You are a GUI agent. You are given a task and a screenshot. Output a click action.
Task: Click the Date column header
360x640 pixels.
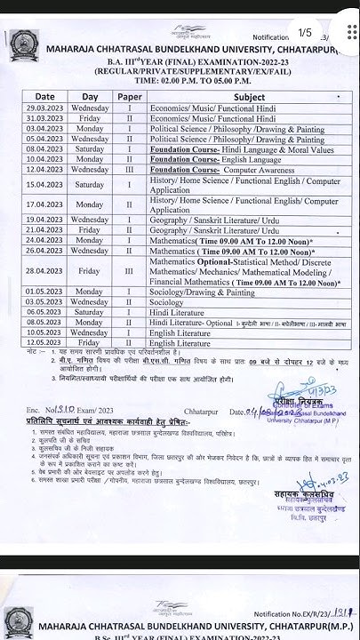tap(44, 96)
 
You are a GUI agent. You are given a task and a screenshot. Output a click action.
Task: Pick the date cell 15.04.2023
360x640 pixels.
tap(44, 184)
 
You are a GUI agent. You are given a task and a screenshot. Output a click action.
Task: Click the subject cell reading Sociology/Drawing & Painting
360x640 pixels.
tap(203, 292)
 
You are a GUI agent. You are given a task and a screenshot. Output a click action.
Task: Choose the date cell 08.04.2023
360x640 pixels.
tap(44, 148)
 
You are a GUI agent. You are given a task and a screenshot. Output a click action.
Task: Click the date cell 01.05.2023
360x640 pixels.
tap(44, 292)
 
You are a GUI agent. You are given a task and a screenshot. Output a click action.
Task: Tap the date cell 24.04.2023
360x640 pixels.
tap(44, 240)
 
